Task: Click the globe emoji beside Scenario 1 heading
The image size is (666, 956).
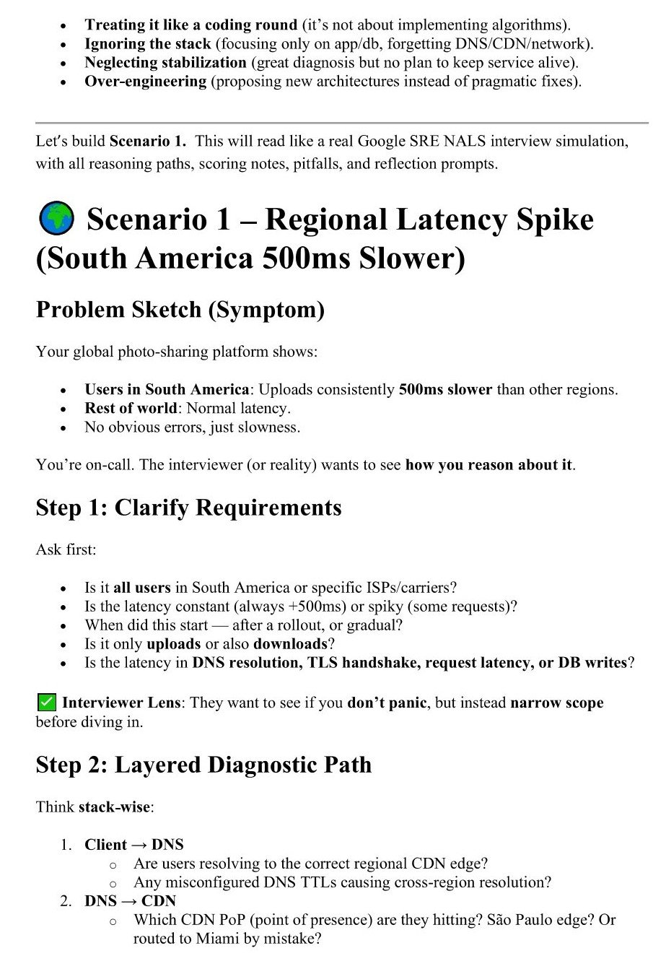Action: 54,219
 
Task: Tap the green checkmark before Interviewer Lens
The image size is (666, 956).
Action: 45,702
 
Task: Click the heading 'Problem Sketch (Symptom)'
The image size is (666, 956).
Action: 180,310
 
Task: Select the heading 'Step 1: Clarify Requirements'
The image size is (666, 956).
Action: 188,508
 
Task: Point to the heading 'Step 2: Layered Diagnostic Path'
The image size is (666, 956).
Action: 203,765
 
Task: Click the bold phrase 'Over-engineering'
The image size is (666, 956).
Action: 145,81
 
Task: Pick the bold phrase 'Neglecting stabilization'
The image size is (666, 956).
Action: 165,62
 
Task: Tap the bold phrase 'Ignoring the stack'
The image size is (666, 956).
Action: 147,43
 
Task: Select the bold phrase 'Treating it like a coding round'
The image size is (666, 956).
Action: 190,25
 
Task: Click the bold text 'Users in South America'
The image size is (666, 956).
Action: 167,390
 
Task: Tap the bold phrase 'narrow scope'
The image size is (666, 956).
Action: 556,703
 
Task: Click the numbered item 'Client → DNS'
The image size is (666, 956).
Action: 133,845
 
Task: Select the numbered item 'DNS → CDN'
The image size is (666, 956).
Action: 130,900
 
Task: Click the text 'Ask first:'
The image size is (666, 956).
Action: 66,549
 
